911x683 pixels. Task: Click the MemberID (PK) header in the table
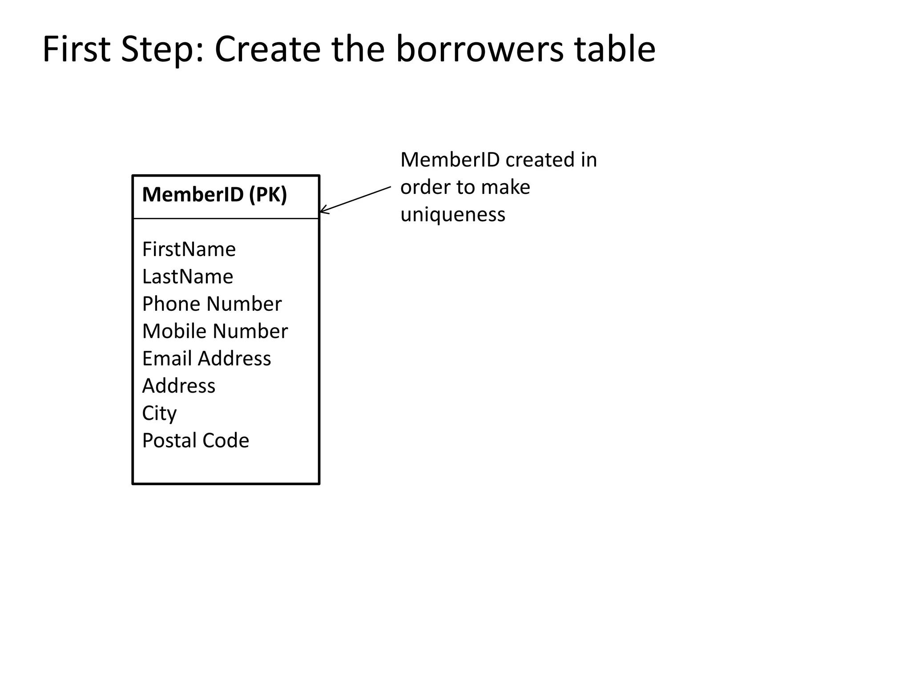pos(214,195)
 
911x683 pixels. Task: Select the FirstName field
pos(189,249)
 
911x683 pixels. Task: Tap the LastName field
pos(187,277)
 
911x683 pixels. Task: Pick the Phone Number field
pos(212,304)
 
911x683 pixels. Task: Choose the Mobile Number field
pos(215,331)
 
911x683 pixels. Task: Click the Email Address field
pos(206,358)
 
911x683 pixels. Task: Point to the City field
pos(159,414)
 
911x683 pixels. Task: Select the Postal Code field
pos(195,441)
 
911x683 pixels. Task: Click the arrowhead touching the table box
pos(324,210)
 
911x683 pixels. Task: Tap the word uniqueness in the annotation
pos(453,215)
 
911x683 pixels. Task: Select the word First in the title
pos(77,49)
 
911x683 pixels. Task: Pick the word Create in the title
pos(268,49)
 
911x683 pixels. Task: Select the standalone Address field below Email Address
pos(179,386)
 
